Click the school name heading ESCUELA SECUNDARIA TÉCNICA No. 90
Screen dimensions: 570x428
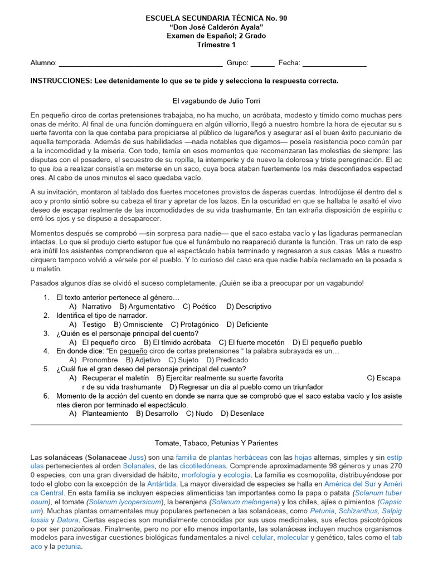point(216,18)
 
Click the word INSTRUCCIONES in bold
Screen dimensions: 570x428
point(61,81)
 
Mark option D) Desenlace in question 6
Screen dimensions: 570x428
point(242,414)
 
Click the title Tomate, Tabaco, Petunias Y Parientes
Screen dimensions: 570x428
point(216,443)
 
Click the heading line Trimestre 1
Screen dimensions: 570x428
point(216,45)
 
